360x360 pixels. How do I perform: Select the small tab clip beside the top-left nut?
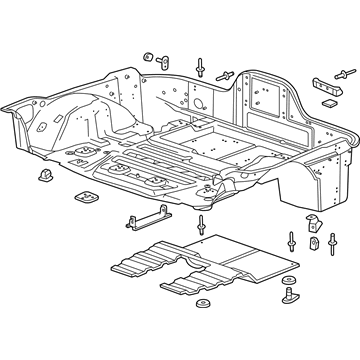pos(162,52)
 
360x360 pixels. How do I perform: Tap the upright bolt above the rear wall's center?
pos(202,66)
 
